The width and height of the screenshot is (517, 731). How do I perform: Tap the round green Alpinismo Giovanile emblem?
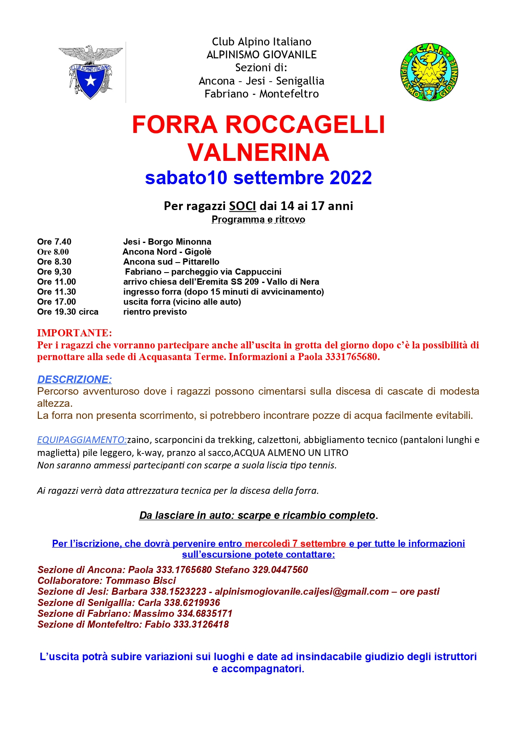(x=429, y=72)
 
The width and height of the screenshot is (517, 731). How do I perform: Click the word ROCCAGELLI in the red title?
(x=305, y=125)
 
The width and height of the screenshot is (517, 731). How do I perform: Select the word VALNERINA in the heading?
(x=258, y=152)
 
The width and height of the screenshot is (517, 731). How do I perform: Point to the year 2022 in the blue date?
(x=350, y=178)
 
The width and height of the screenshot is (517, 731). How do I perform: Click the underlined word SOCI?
(x=242, y=206)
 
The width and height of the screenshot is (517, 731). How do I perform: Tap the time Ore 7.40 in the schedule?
(x=54, y=242)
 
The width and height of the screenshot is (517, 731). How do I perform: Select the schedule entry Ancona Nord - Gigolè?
(x=167, y=252)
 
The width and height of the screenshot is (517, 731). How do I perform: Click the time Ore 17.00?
(x=57, y=302)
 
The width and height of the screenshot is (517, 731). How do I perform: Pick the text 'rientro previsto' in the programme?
(x=155, y=312)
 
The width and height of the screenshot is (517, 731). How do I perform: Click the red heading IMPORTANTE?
(x=75, y=333)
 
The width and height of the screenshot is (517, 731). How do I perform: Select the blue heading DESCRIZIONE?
(x=75, y=379)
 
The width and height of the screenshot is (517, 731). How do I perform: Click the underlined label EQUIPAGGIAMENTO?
(x=82, y=440)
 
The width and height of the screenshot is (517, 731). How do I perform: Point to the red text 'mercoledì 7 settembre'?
(x=295, y=543)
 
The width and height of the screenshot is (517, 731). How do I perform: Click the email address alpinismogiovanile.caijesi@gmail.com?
(x=302, y=591)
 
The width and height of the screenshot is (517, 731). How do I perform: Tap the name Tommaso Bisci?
(x=141, y=581)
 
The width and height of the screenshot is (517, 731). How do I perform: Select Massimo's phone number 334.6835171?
(x=205, y=613)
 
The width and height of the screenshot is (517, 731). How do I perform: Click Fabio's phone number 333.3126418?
(x=201, y=624)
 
